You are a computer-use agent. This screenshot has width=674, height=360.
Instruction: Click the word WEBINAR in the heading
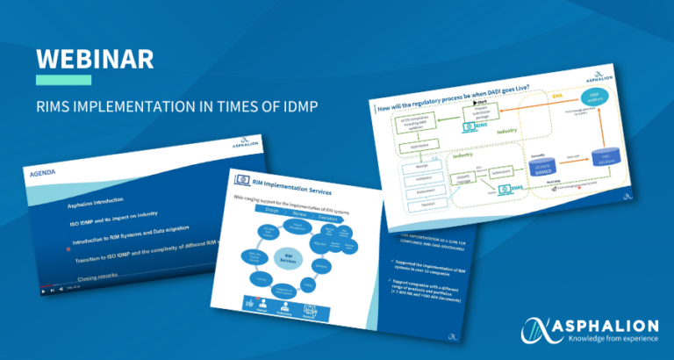click(95, 59)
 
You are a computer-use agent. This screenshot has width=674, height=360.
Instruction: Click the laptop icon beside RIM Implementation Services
click(244, 180)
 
